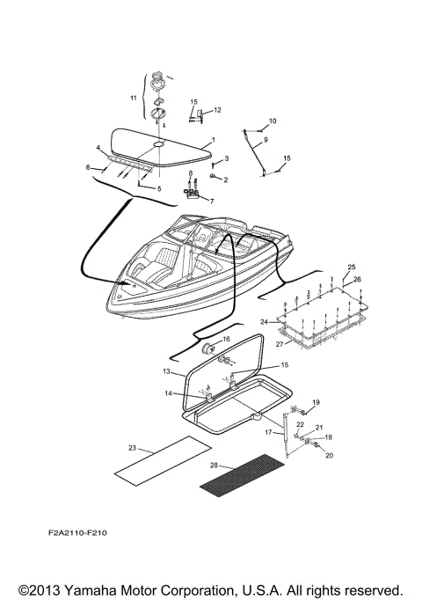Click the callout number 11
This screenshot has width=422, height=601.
135,98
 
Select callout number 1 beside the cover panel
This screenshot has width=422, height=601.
212,141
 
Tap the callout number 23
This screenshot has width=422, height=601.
133,448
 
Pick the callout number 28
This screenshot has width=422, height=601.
215,465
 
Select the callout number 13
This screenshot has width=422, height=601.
166,372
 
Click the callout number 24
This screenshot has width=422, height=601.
263,322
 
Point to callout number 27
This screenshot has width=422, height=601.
280,344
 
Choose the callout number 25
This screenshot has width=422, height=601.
351,267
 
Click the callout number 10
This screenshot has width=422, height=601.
272,121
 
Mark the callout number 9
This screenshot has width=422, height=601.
266,140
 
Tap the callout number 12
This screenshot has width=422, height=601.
217,110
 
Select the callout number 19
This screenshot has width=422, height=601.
316,402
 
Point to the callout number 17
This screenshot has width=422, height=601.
270,432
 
